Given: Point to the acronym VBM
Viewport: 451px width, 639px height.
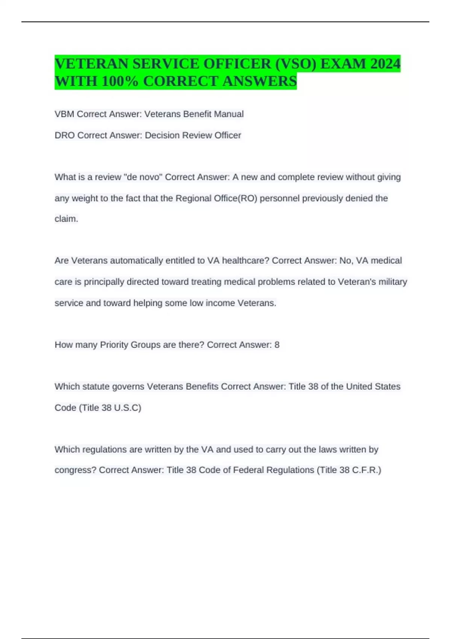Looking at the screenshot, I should (x=64, y=114).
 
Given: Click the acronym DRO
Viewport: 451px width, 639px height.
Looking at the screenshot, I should (x=65, y=135).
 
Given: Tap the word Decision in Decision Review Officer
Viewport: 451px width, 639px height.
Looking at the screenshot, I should (x=162, y=135).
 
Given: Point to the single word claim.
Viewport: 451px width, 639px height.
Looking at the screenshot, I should (x=66, y=219).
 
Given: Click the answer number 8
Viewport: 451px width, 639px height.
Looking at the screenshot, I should (x=277, y=345).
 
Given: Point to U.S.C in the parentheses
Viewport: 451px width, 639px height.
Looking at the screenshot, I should (x=127, y=408).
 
